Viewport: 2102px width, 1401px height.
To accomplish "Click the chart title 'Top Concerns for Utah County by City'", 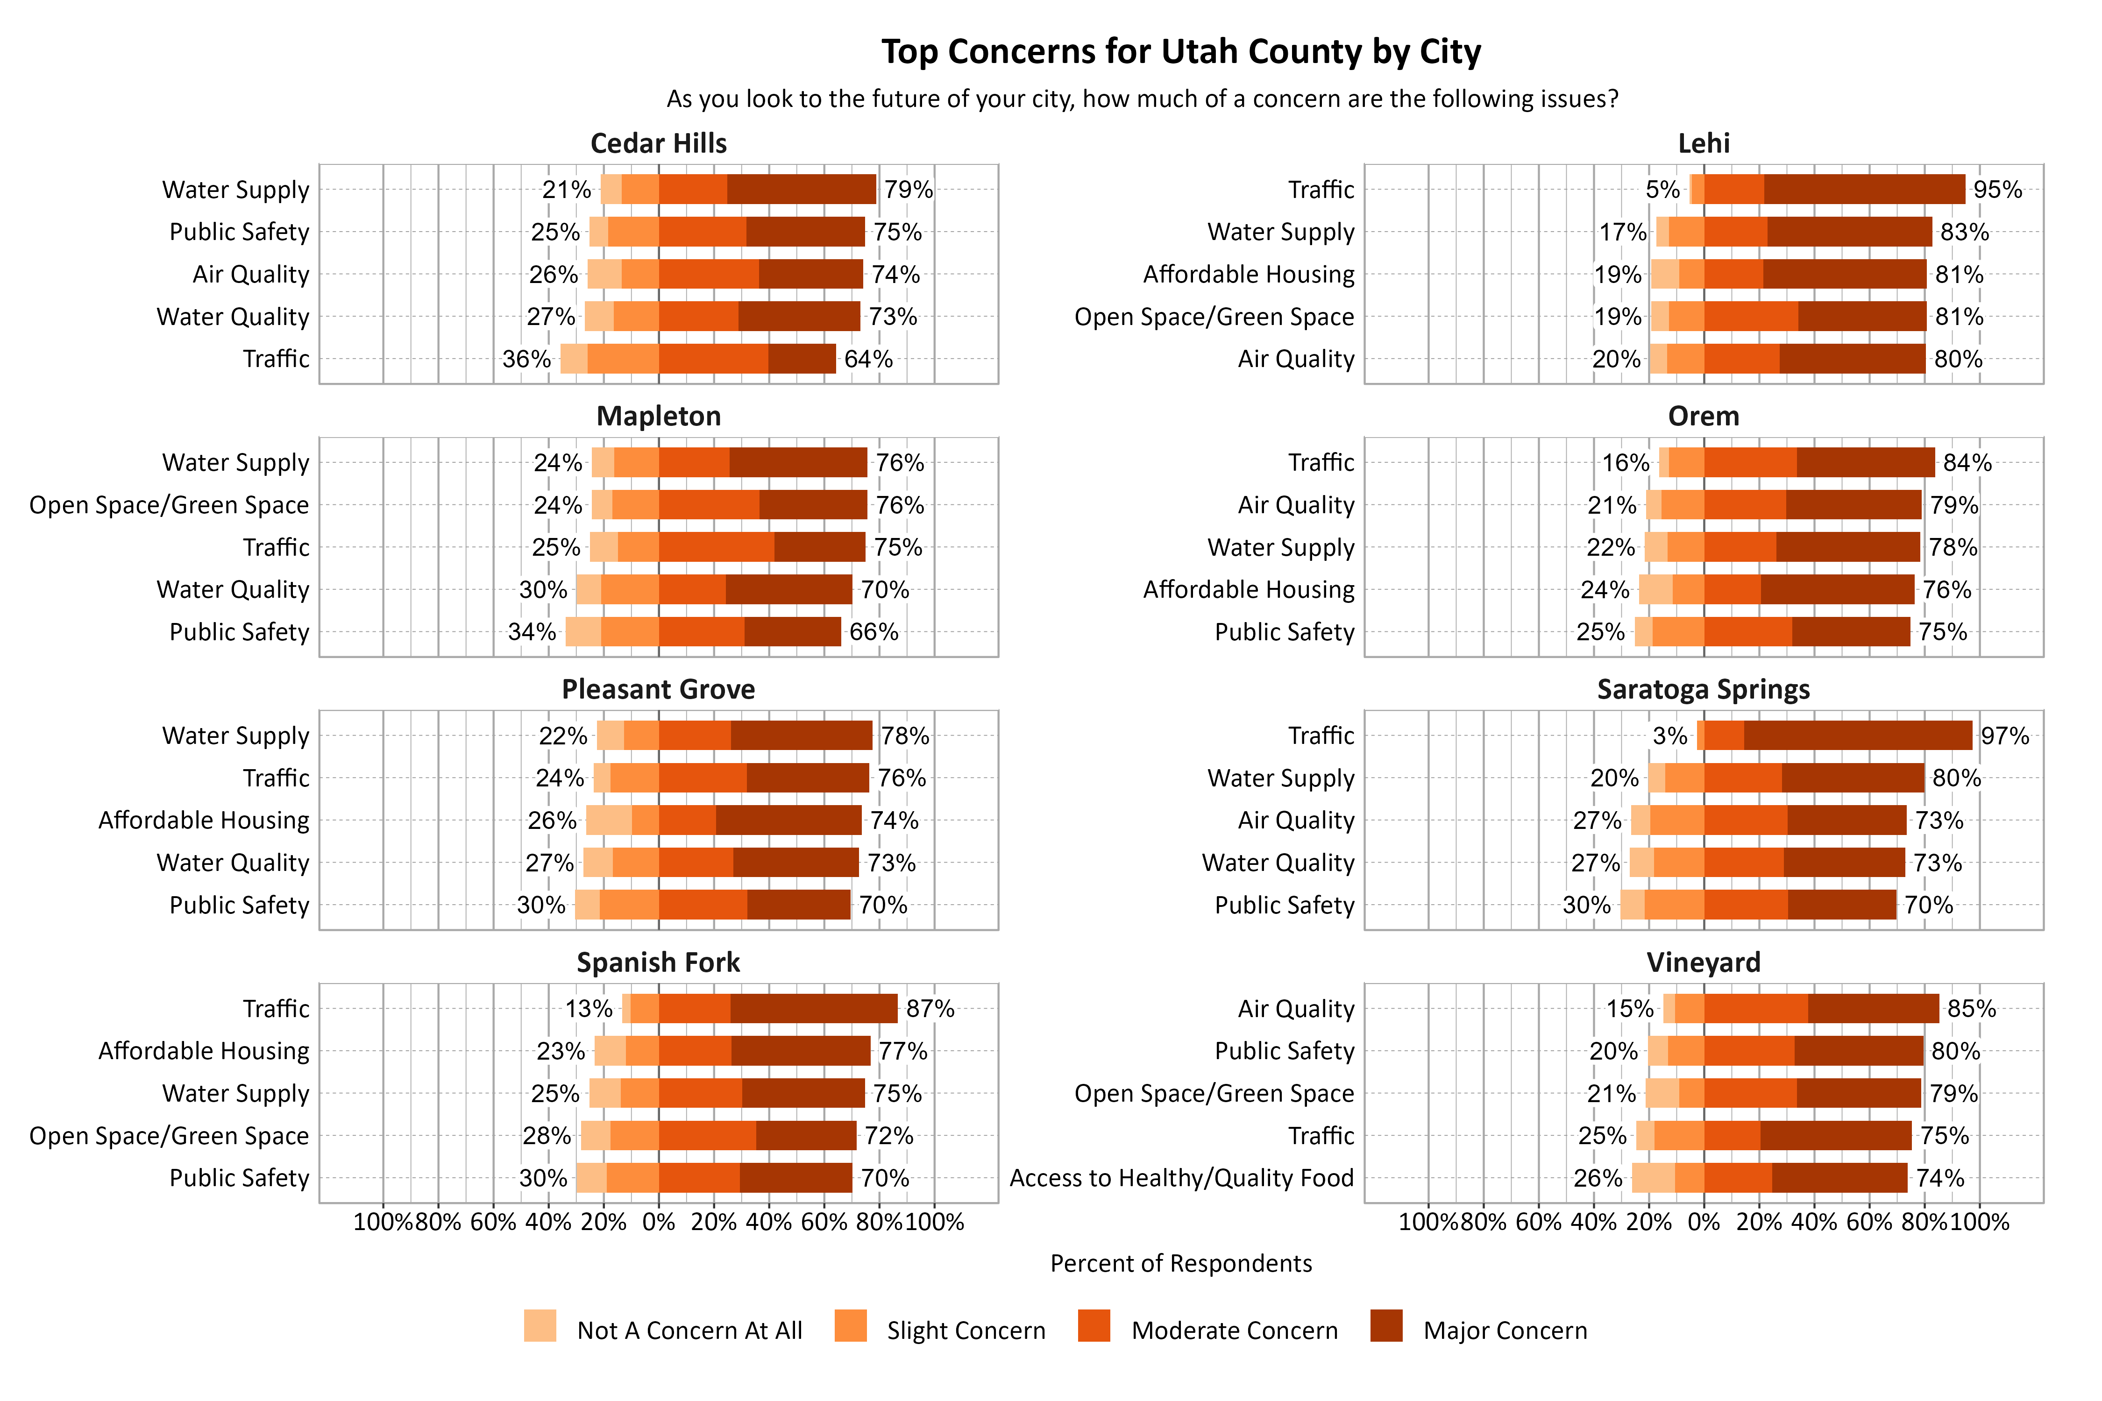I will point(1180,52).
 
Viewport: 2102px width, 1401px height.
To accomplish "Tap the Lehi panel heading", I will point(1704,143).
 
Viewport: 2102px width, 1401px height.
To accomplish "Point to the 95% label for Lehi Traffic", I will point(1997,190).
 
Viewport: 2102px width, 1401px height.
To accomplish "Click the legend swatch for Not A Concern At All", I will point(540,1326).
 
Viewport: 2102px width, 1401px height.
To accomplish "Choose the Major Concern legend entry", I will point(1505,1330).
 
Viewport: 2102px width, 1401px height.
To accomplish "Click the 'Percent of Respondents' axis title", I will point(1180,1263).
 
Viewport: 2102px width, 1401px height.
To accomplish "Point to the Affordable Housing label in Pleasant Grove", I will point(204,820).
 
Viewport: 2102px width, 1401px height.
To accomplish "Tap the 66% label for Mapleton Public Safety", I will point(873,632).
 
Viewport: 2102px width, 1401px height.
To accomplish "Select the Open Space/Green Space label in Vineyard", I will point(1214,1094).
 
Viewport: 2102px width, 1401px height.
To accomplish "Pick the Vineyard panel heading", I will point(1704,962).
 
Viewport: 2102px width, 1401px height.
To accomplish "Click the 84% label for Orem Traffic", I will point(1967,463).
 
